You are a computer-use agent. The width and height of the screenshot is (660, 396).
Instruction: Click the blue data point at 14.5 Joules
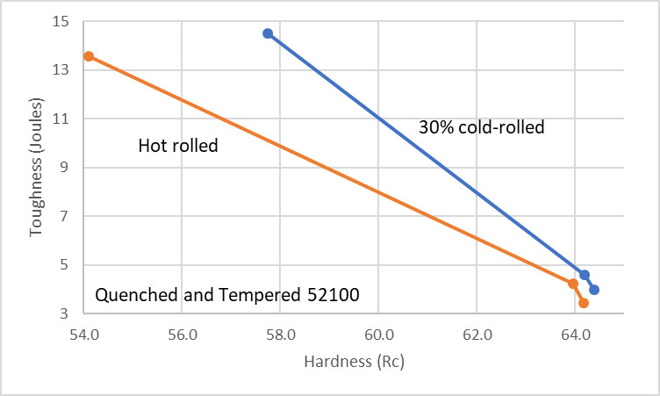click(268, 33)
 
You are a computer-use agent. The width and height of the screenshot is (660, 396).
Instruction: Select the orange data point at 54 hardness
click(89, 56)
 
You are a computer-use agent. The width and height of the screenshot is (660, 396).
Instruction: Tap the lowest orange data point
click(584, 303)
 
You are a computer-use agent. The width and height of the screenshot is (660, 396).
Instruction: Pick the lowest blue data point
click(594, 290)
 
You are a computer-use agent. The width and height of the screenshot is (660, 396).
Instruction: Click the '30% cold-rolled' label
click(482, 127)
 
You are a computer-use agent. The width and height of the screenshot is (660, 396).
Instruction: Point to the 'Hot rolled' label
click(178, 146)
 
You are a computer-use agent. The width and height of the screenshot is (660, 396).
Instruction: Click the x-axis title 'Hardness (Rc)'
click(354, 361)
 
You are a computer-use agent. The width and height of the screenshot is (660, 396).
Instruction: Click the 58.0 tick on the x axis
click(280, 334)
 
